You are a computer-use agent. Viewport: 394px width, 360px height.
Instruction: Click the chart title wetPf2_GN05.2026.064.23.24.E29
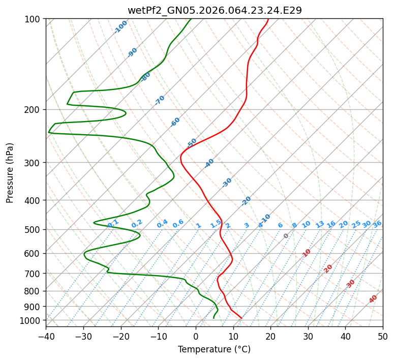point(214,10)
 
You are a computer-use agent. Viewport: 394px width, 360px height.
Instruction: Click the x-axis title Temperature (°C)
point(214,350)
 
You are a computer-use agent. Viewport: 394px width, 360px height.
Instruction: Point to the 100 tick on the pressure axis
point(34,19)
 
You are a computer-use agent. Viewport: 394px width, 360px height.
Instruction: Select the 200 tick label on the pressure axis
point(34,110)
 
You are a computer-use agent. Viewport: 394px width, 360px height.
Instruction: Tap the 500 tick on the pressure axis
point(34,230)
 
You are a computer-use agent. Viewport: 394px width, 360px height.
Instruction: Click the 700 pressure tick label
point(34,274)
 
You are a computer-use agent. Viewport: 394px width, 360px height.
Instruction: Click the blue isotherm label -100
point(121,27)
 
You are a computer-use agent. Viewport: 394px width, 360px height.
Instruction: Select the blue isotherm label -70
point(160,100)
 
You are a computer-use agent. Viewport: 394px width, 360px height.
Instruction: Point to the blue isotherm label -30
point(227,183)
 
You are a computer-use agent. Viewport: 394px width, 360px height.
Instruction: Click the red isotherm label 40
point(373,299)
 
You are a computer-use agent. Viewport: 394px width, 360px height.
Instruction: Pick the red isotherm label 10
point(307,253)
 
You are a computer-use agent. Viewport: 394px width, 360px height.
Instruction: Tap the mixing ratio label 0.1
point(113,223)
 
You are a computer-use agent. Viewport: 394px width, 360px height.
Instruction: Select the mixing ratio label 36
point(377,224)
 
